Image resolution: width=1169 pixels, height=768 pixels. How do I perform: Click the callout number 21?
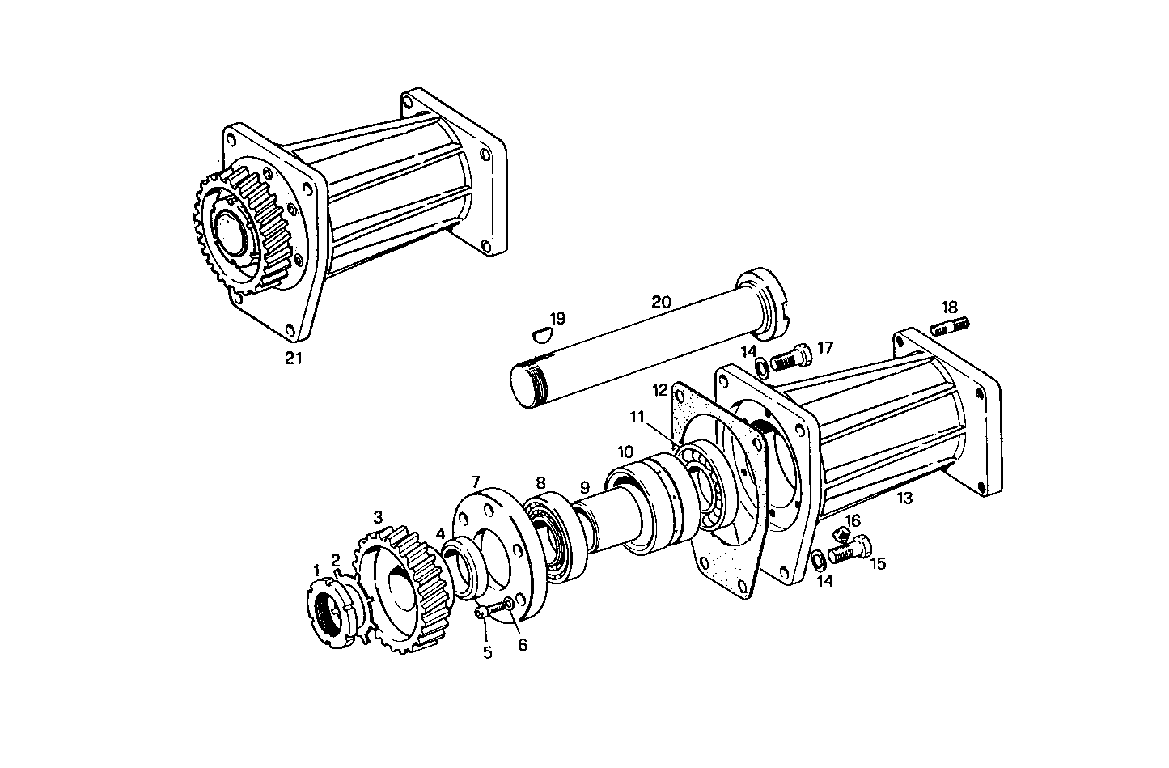[x=293, y=359]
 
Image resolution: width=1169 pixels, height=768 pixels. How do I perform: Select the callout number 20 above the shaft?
[x=661, y=303]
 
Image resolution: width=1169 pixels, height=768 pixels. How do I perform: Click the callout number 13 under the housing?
[x=904, y=499]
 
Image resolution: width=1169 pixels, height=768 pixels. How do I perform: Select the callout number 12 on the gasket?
[x=660, y=390]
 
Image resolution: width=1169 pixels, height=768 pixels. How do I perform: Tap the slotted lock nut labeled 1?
[x=331, y=610]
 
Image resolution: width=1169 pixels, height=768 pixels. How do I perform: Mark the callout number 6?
[x=522, y=645]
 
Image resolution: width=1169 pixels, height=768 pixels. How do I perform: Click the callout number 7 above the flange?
[x=476, y=483]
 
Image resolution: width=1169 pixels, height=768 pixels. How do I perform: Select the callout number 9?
[x=584, y=488]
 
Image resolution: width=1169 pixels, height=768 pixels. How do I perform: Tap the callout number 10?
[x=625, y=450]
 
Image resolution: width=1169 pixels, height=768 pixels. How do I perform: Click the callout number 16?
[x=853, y=520]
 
